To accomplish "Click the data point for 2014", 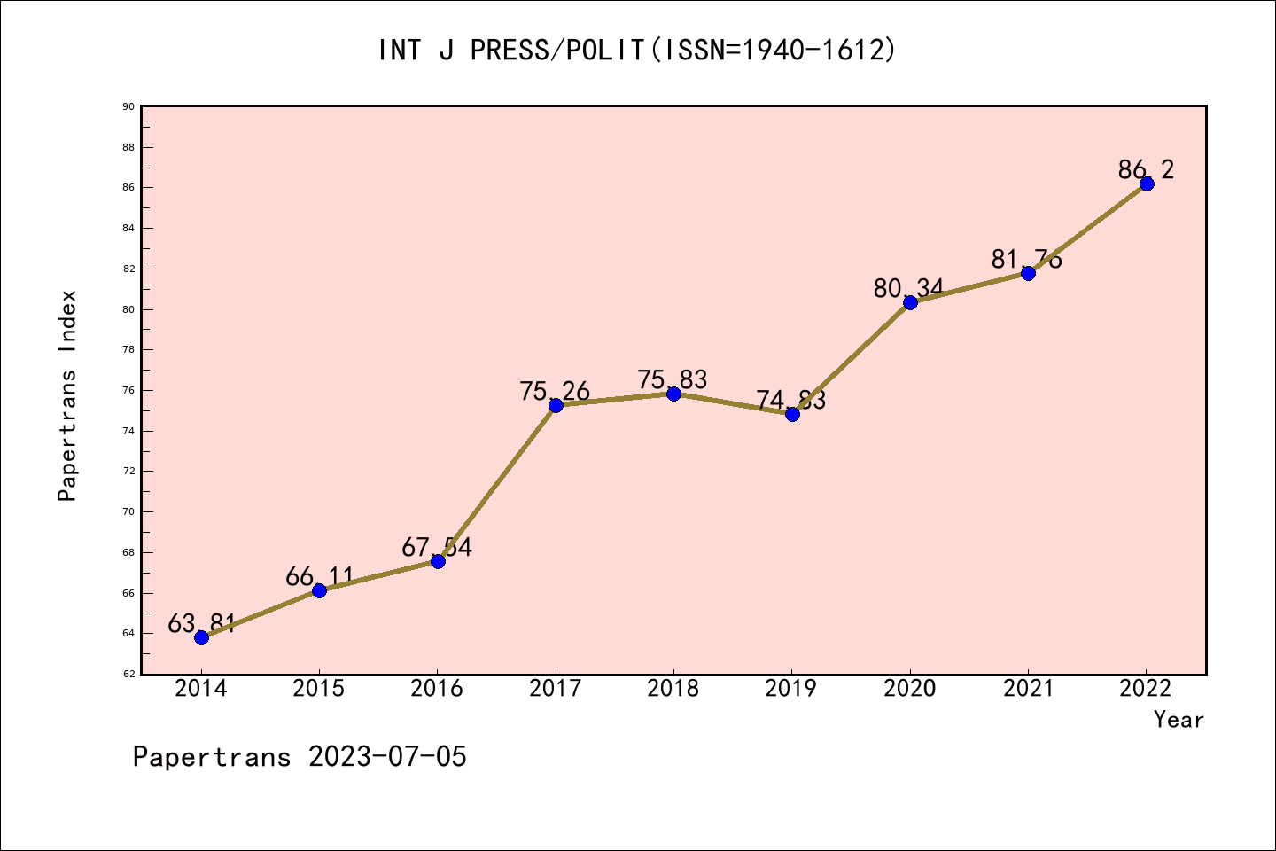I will click(x=201, y=637).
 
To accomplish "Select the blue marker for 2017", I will click(x=556, y=405).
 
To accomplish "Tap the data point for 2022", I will click(x=1147, y=183).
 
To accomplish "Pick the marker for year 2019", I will click(x=792, y=414).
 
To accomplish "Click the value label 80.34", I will click(x=908, y=288).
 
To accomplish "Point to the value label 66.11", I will click(x=319, y=577).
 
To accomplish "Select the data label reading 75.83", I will click(x=673, y=379).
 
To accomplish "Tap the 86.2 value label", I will click(x=1146, y=169).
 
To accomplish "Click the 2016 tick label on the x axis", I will click(x=437, y=689).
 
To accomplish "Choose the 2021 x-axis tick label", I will click(x=1028, y=689).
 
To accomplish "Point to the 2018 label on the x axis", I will click(x=673, y=689).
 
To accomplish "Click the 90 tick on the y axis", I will click(x=128, y=106).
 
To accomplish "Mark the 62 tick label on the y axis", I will click(x=128, y=674).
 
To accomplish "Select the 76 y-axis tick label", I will click(x=128, y=390).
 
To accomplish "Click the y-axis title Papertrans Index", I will click(x=67, y=395).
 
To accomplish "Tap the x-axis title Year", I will click(x=1179, y=720).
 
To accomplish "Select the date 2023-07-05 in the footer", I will click(x=387, y=757).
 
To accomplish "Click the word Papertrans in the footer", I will click(x=212, y=757).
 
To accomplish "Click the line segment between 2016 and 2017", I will click(x=496, y=483).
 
